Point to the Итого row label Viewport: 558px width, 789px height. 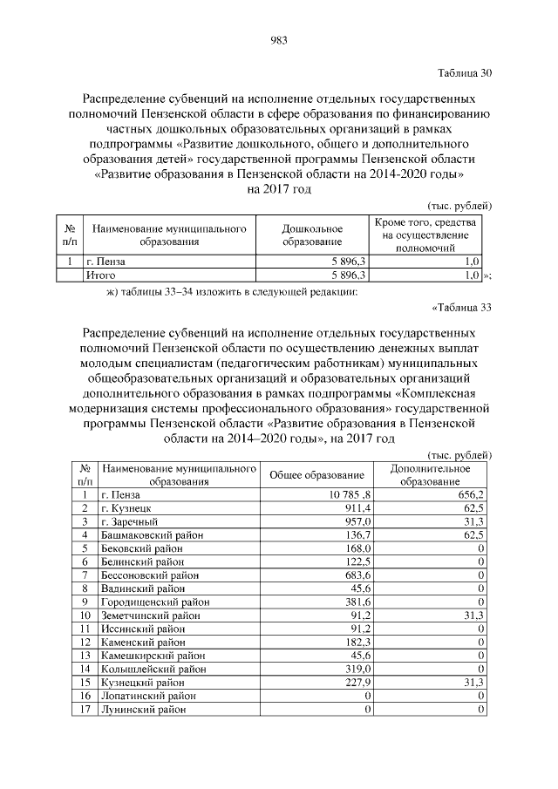(100, 275)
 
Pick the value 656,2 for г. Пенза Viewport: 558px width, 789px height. (469, 494)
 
